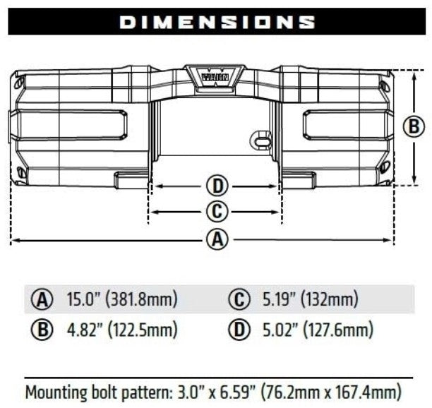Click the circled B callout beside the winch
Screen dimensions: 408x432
pos(414,127)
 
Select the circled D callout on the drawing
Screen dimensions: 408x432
pos(217,186)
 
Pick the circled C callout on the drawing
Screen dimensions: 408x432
pos(217,211)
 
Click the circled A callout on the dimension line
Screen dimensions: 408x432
pos(217,240)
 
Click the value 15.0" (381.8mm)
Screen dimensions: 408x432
pos(121,299)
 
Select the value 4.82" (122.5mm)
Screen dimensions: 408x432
pos(121,329)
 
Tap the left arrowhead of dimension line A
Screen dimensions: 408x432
pos(15,241)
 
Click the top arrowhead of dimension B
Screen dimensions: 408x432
pos(414,73)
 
